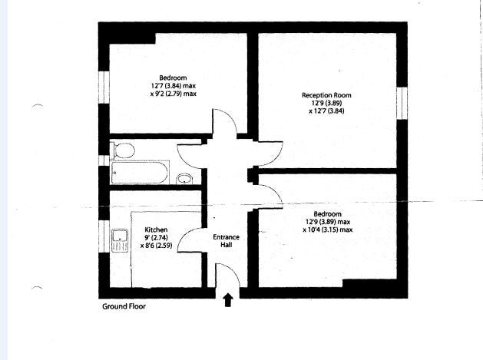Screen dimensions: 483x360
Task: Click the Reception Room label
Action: tap(326, 95)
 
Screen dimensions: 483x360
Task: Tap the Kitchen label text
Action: tap(156, 230)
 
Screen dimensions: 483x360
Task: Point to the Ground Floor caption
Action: tap(124, 306)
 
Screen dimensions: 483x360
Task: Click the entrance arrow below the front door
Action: tap(228, 300)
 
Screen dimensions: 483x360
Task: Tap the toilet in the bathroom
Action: tap(122, 150)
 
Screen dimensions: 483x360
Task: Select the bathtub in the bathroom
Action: tap(140, 172)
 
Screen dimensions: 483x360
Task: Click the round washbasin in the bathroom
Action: tap(184, 179)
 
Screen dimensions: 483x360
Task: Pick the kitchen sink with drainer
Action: tap(120, 240)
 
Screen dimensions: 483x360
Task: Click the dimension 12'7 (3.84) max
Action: tap(174, 86)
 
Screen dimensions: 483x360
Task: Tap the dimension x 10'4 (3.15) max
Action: tap(328, 230)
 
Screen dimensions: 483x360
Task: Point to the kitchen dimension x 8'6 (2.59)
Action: tap(156, 246)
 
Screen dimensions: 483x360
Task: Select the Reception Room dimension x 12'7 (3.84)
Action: tap(326, 111)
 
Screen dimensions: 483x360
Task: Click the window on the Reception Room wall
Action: tap(402, 103)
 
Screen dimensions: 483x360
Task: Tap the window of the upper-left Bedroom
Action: tap(104, 88)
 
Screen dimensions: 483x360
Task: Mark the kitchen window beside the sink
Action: tap(104, 236)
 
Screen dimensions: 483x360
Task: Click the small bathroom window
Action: tap(104, 160)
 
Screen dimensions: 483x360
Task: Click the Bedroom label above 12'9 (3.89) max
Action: tap(327, 214)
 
